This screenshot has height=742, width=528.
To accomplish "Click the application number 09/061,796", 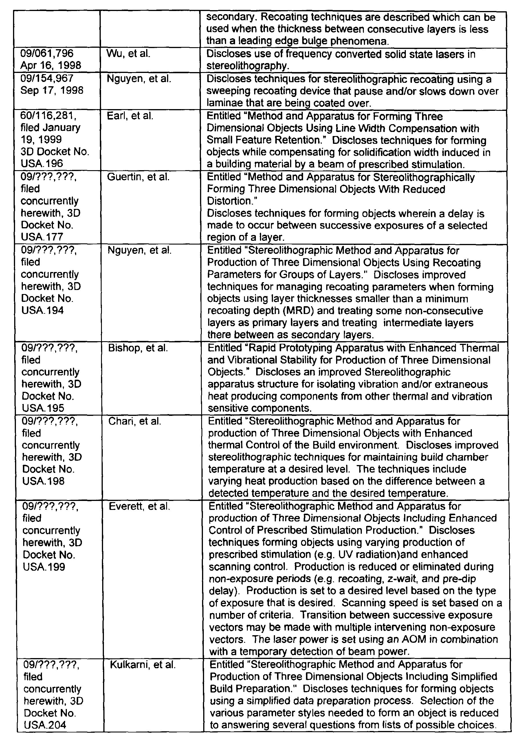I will [47, 53].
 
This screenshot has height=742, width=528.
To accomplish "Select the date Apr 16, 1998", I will [50, 65].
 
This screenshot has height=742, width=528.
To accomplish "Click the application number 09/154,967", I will [47, 78].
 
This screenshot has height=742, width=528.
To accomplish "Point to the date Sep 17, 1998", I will [52, 90].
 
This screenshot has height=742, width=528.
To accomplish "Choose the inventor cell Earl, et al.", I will [130, 116].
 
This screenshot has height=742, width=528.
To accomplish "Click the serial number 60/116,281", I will [48, 116].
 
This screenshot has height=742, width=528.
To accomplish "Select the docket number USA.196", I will [42, 163].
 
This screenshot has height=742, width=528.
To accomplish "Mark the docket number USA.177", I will [42, 237].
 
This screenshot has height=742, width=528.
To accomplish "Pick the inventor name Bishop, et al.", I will [138, 348].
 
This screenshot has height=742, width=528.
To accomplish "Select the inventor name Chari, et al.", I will [135, 421].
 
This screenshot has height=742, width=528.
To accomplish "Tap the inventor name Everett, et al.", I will [139, 506].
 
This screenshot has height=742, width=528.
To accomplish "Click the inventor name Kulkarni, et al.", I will [143, 665].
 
